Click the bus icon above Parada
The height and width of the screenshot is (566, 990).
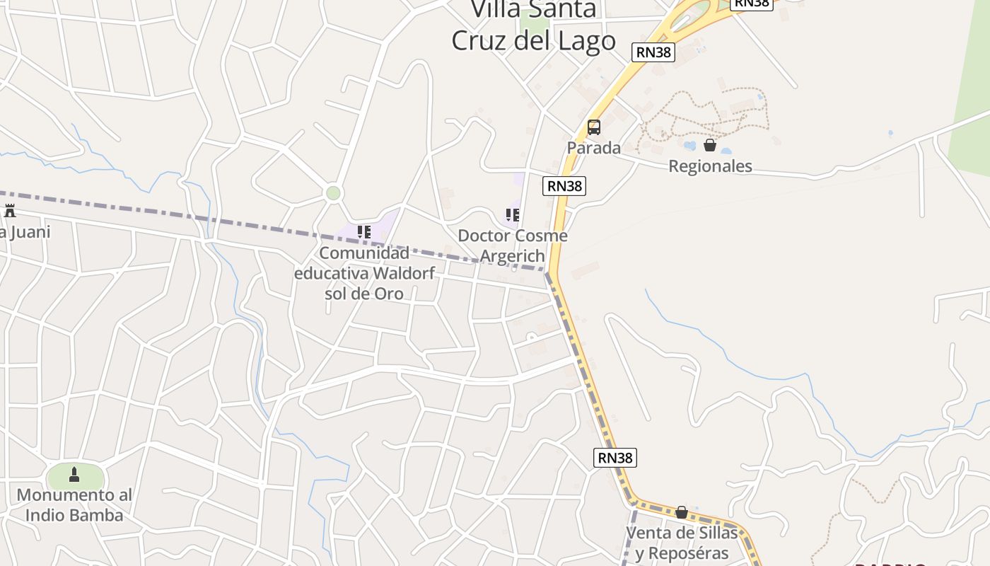(x=594, y=127)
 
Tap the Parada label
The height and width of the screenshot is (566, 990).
(x=594, y=148)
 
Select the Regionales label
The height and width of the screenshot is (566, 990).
(x=710, y=166)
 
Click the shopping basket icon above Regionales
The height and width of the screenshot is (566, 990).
(x=710, y=145)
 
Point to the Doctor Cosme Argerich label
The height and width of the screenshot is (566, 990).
(x=513, y=246)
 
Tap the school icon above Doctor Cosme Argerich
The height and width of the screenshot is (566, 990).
(x=513, y=214)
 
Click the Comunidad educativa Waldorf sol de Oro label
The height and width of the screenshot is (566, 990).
(x=364, y=273)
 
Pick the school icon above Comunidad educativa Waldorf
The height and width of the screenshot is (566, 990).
(x=364, y=231)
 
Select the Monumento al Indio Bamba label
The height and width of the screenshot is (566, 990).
(x=74, y=505)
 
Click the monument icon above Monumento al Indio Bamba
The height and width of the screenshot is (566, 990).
(x=74, y=475)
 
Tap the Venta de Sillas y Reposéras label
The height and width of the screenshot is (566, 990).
(x=682, y=543)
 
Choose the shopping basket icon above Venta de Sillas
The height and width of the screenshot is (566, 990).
(x=682, y=512)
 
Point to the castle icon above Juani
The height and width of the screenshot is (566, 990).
(x=10, y=210)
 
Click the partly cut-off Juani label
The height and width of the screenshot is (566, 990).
(x=25, y=232)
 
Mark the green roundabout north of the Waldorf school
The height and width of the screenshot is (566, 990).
(x=333, y=193)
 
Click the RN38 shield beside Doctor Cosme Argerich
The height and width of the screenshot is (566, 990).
(x=564, y=186)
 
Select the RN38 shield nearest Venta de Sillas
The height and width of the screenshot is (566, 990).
(x=615, y=458)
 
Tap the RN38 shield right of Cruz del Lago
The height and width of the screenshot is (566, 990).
(x=653, y=52)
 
